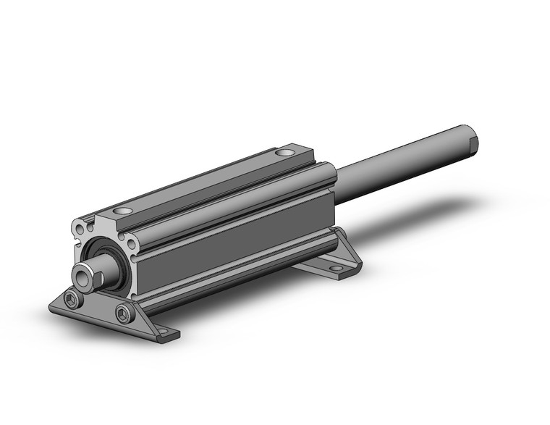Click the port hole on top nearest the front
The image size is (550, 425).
123,210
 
